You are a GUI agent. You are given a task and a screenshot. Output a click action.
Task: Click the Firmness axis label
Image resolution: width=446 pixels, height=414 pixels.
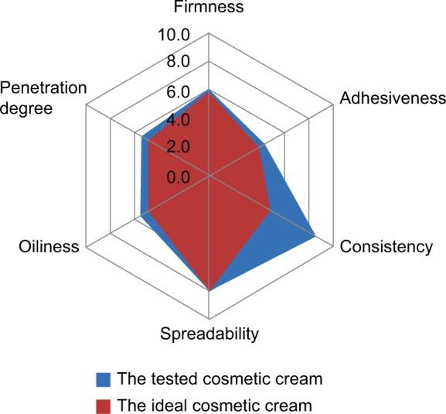pos(209,9)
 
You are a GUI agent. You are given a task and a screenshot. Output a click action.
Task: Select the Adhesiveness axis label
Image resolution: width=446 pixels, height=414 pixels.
pos(393,99)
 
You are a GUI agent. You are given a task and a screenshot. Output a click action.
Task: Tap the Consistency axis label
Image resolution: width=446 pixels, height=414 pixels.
pos(386,247)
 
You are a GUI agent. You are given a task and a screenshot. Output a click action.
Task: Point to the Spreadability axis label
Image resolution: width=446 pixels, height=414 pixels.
pos(209,334)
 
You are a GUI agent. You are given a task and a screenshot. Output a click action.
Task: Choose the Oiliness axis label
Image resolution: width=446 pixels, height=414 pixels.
pos(49,247)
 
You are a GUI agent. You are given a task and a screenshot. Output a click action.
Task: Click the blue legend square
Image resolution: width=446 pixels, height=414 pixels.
pos(104,379)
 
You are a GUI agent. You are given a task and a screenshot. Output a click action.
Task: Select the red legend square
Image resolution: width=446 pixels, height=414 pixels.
pos(104,405)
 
